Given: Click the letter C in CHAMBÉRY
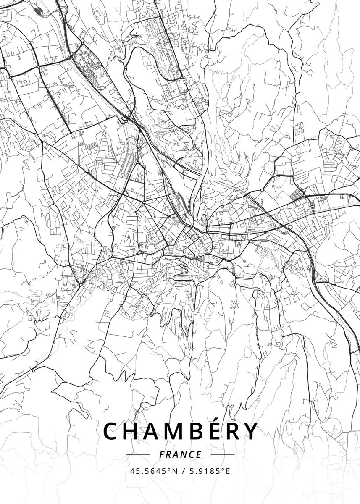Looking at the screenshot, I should point(111,431).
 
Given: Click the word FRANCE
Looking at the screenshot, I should point(180,454).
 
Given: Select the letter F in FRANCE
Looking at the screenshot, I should point(162,454).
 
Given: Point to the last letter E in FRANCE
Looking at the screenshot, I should point(199,454).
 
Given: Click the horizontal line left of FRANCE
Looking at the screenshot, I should point(138,454).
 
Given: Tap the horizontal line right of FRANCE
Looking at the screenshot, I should point(223,454).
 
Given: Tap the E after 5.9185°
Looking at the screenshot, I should point(228,471).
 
